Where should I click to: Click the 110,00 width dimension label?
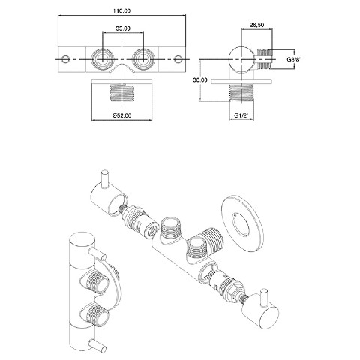coord(122,11)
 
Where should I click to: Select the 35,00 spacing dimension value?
coord(123,28)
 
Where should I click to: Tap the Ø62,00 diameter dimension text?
coord(121,115)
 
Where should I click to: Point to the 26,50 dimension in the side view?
coord(256,25)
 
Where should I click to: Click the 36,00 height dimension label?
coord(200,79)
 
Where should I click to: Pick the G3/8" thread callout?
coord(294,59)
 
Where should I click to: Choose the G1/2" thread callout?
coord(241,115)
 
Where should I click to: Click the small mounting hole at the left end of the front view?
coord(65,59)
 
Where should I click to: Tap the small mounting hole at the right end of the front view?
coord(178,59)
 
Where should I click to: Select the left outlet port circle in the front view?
coord(102,59)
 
